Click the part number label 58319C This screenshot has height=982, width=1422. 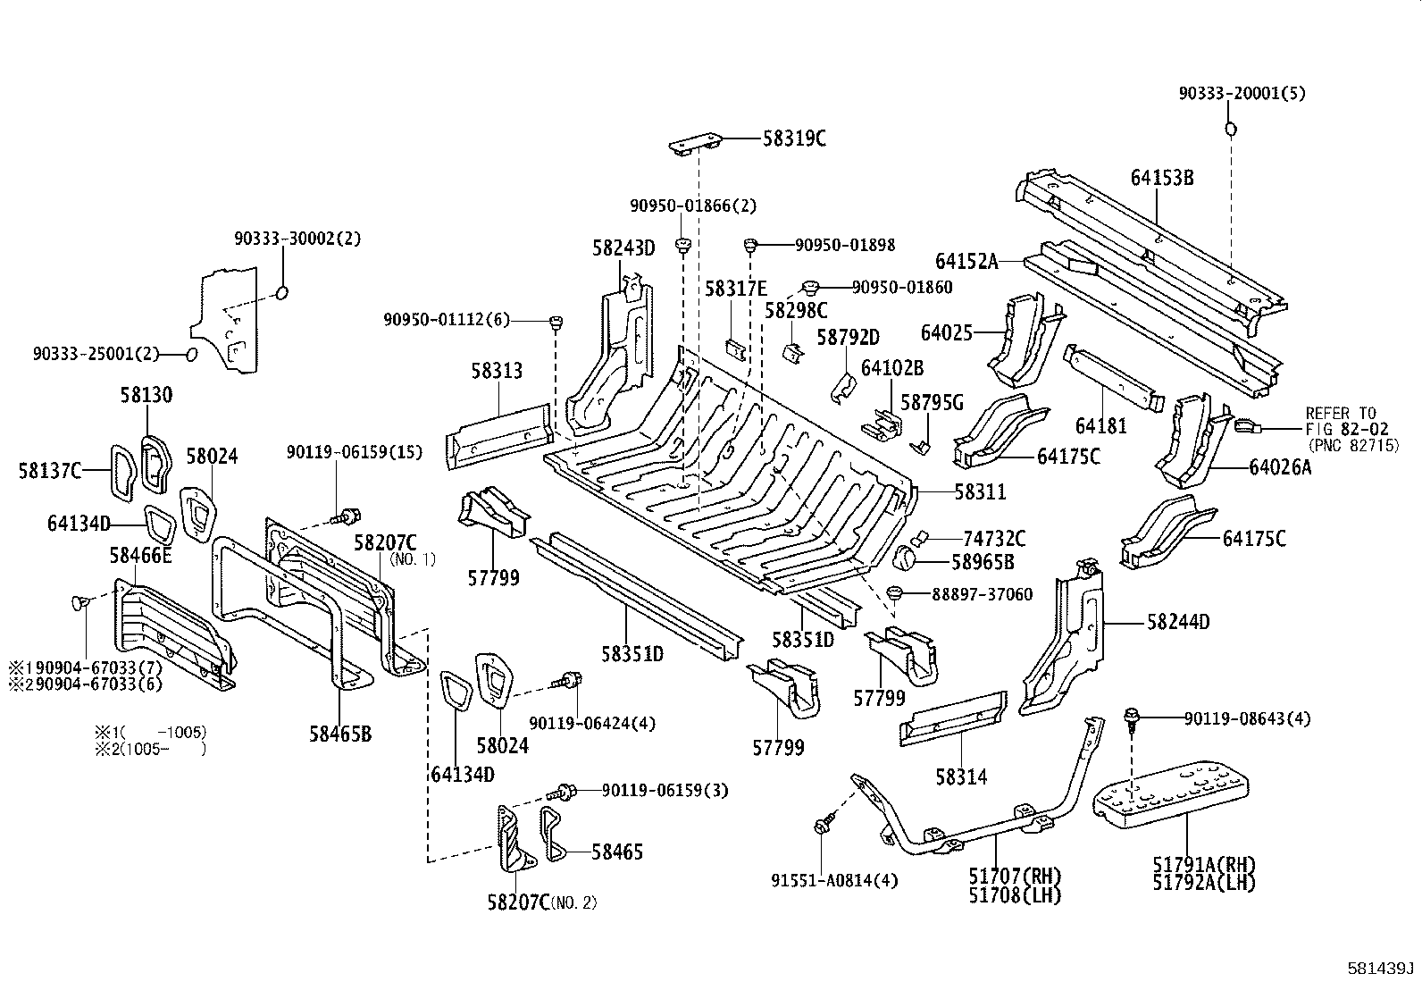click(794, 138)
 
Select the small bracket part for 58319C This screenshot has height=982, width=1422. click(694, 144)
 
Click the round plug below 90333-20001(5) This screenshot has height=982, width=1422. click(1230, 130)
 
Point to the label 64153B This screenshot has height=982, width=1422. click(1161, 177)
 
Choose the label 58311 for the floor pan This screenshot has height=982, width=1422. click(980, 491)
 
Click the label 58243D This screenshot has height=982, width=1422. click(623, 248)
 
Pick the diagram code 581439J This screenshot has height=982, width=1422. click(1382, 969)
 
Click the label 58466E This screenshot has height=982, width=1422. click(140, 556)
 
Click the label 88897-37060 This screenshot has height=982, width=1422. click(982, 594)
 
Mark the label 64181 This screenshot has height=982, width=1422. click(1100, 425)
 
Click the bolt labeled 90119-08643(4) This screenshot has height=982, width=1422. click(1132, 716)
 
